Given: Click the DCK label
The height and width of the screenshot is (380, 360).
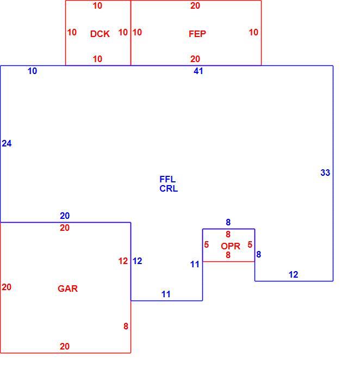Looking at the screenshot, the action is pyautogui.click(x=100, y=34).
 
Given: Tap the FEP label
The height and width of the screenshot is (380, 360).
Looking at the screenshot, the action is pyautogui.click(x=197, y=34).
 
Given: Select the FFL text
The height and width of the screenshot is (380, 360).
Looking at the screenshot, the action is pyautogui.click(x=167, y=179).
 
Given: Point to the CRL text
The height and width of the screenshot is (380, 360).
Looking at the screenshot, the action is pyautogui.click(x=169, y=188).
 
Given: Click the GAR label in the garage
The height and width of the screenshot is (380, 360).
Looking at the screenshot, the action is pyautogui.click(x=67, y=289).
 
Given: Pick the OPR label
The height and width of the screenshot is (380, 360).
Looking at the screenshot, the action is pyautogui.click(x=230, y=246).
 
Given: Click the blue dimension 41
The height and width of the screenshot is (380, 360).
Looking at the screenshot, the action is pyautogui.click(x=198, y=71).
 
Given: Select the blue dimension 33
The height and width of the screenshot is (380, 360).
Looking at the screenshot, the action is pyautogui.click(x=325, y=173).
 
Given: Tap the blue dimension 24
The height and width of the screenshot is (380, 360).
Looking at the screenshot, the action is pyautogui.click(x=7, y=144).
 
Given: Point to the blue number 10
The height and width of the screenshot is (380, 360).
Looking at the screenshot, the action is pyautogui.click(x=32, y=71).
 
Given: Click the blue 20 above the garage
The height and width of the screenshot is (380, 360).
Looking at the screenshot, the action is pyautogui.click(x=65, y=216).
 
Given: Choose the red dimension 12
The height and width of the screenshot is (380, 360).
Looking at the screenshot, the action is pyautogui.click(x=123, y=261).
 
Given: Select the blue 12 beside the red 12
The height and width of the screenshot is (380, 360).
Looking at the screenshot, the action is pyautogui.click(x=137, y=261).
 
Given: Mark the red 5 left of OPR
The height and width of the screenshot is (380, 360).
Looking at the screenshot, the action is pyautogui.click(x=206, y=244).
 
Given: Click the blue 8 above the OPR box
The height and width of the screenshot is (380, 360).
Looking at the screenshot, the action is pyautogui.click(x=228, y=222).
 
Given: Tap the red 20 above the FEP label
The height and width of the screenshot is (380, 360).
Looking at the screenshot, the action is pyautogui.click(x=195, y=5).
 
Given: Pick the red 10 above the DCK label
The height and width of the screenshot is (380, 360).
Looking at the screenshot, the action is pyautogui.click(x=97, y=5).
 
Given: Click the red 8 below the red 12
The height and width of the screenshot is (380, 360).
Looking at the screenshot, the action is pyautogui.click(x=126, y=326).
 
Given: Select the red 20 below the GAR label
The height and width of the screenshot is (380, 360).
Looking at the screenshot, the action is pyautogui.click(x=65, y=346).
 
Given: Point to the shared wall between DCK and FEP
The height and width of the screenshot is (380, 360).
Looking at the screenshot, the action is pyautogui.click(x=131, y=33).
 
